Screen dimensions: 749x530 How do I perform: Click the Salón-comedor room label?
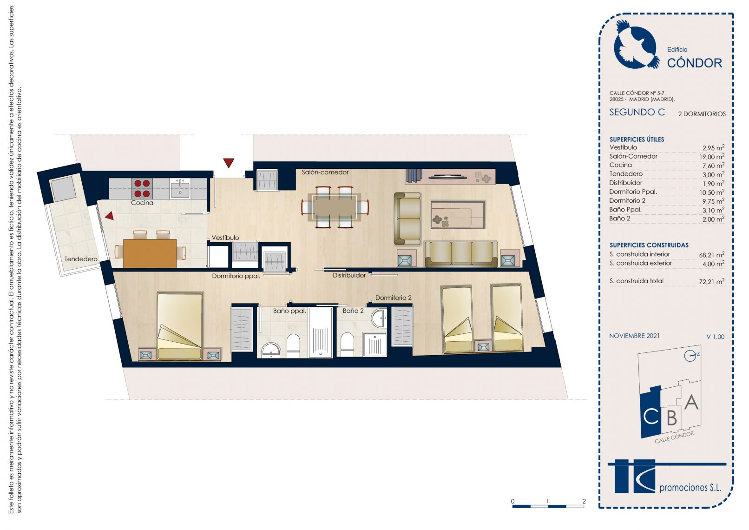[325, 172]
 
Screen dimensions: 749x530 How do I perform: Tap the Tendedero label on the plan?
[80, 259]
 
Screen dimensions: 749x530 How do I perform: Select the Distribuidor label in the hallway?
[349, 275]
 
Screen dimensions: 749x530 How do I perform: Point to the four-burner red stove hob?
[142, 188]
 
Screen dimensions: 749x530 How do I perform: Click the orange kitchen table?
[150, 253]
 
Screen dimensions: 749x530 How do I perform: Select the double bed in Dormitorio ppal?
[180, 326]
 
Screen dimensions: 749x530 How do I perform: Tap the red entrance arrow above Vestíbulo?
[229, 163]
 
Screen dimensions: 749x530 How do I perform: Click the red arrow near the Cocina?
[110, 216]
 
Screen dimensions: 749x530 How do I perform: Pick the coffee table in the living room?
[457, 214]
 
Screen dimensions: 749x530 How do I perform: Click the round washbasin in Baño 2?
[379, 318]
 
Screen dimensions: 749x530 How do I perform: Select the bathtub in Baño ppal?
[320, 332]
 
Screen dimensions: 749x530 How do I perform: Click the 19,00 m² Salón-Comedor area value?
[711, 157]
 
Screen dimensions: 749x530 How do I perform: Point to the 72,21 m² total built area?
[711, 281]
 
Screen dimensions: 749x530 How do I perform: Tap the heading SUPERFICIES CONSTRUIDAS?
[649, 245]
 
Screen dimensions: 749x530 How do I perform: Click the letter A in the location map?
[691, 403]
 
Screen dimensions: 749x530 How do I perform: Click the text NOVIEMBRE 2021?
[634, 336]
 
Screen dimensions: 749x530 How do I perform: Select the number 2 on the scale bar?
[584, 501]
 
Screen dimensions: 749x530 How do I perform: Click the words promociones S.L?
[690, 488]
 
